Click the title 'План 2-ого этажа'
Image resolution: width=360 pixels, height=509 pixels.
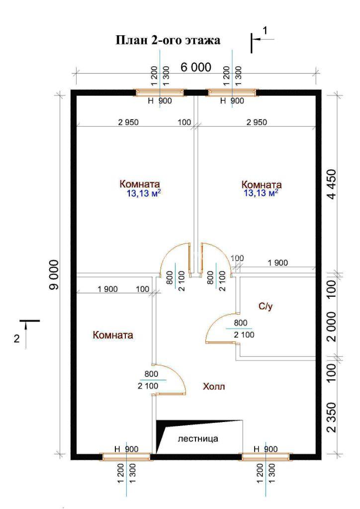pyautogui.click(x=168, y=40)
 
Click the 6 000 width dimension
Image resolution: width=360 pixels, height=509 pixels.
pyautogui.click(x=196, y=67)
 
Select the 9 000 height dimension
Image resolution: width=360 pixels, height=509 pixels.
pyautogui.click(x=54, y=274)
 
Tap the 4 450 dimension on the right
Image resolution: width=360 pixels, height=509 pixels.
pyautogui.click(x=333, y=184)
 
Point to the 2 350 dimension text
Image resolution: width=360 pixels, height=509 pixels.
pyautogui.click(x=332, y=417)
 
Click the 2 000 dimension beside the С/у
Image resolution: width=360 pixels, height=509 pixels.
pyautogui.click(x=332, y=327)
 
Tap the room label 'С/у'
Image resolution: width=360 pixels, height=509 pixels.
pyautogui.click(x=266, y=306)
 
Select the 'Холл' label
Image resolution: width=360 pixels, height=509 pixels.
pyautogui.click(x=214, y=386)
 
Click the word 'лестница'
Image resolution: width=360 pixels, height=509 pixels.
pyautogui.click(x=198, y=439)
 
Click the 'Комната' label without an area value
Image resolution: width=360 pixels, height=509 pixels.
pyautogui.click(x=113, y=335)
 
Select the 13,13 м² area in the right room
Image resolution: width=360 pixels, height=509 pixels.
pyautogui.click(x=261, y=193)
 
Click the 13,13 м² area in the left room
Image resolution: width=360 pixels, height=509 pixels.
pyautogui.click(x=144, y=194)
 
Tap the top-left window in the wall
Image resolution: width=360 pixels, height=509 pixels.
pyautogui.click(x=160, y=93)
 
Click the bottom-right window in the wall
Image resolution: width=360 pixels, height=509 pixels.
pyautogui.click(x=266, y=457)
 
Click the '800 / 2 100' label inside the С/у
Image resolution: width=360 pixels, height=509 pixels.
pyautogui.click(x=242, y=329)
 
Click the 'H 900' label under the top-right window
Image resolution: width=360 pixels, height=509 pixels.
pyautogui.click(x=232, y=100)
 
